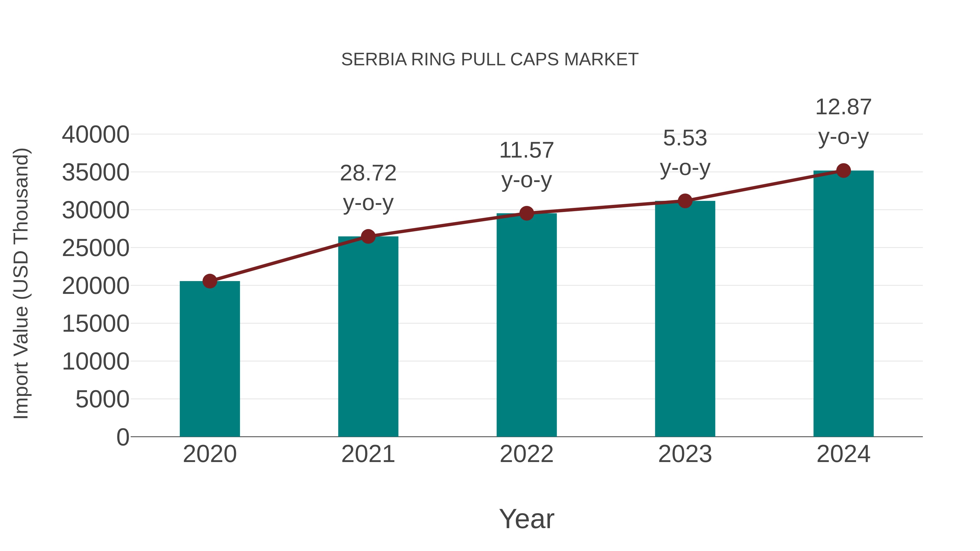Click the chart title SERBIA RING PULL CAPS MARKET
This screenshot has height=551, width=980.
point(490,60)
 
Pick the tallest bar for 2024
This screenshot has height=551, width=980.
point(843,304)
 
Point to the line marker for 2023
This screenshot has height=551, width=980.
point(685,201)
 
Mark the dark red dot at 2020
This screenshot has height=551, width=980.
point(210,281)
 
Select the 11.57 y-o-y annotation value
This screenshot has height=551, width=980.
point(526,150)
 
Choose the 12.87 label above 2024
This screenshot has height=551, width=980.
point(843,107)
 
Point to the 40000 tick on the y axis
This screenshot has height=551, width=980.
point(96,135)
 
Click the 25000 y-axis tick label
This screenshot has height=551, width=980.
point(96,248)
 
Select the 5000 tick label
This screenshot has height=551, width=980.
point(102,400)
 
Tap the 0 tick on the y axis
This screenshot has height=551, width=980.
point(123,437)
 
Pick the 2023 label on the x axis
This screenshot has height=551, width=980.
point(685,454)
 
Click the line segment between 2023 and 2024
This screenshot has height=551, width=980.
point(764,186)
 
